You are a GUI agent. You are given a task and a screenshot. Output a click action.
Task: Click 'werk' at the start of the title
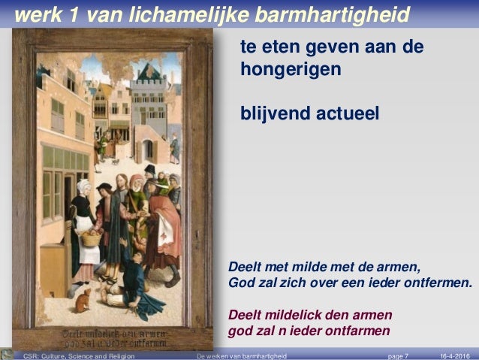pyautogui.click(x=37, y=14)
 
